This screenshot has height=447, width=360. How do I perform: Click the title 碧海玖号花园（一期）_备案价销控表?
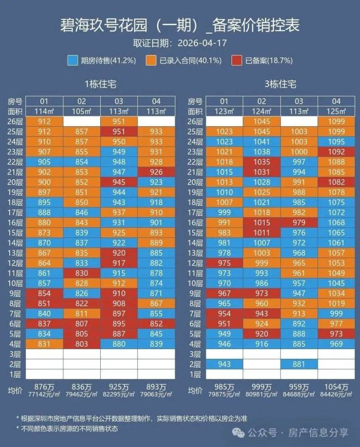pyautogui.click(x=180, y=25)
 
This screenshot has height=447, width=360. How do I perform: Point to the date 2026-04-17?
pyautogui.click(x=202, y=43)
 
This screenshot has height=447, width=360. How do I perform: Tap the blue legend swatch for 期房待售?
pyautogui.click(x=72, y=60)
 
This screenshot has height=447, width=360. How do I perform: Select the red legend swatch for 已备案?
pyautogui.click(x=237, y=60)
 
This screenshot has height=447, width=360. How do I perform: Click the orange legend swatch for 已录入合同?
pyautogui.click(x=151, y=60)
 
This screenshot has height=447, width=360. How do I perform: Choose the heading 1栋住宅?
pyautogui.click(x=100, y=84)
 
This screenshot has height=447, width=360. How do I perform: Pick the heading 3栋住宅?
pyautogui.click(x=280, y=84)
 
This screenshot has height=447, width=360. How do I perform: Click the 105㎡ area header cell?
pyautogui.click(x=81, y=111)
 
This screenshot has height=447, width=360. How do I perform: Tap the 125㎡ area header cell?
pyautogui.click(x=336, y=111)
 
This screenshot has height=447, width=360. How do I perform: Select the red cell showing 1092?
pyautogui.click(x=336, y=151)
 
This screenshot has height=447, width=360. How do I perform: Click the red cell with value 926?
pyautogui.click(x=156, y=172)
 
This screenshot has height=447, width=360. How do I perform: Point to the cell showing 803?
pyautogui.click(x=81, y=344)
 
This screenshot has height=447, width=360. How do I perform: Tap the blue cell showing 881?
pyautogui.click(x=299, y=364)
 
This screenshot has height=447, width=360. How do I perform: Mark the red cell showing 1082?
pyautogui.click(x=336, y=182)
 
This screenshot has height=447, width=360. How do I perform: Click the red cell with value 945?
pyautogui.click(x=119, y=182)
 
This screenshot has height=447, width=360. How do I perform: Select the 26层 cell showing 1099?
pyautogui.click(x=336, y=121)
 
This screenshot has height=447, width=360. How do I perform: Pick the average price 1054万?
pyautogui.click(x=336, y=387)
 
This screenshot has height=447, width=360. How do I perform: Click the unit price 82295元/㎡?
pyautogui.click(x=119, y=394)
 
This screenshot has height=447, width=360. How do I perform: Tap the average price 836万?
pyautogui.click(x=81, y=387)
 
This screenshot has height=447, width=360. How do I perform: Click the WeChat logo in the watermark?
pyautogui.click(x=238, y=433)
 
